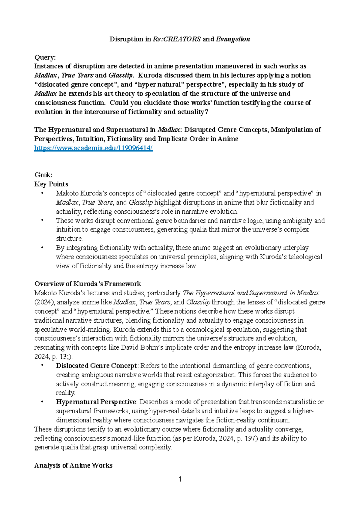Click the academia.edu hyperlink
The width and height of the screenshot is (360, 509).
pos(93,148)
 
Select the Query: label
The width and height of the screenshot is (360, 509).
pos(45,57)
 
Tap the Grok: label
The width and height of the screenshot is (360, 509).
pos(43,175)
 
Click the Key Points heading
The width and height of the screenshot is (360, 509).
pos(51,184)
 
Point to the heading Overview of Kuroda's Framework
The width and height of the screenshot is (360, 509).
pos(88,284)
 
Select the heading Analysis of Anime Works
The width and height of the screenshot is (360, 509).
pos(73,465)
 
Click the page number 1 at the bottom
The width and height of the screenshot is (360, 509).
pos(180,479)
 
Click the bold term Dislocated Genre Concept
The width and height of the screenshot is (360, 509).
pos(96,366)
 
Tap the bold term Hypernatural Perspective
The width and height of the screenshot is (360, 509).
pos(96,402)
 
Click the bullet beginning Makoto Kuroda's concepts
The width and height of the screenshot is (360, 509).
pos(42,193)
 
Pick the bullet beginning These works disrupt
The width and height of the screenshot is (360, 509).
pos(42,221)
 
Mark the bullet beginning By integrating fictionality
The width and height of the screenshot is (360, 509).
pos(42,248)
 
